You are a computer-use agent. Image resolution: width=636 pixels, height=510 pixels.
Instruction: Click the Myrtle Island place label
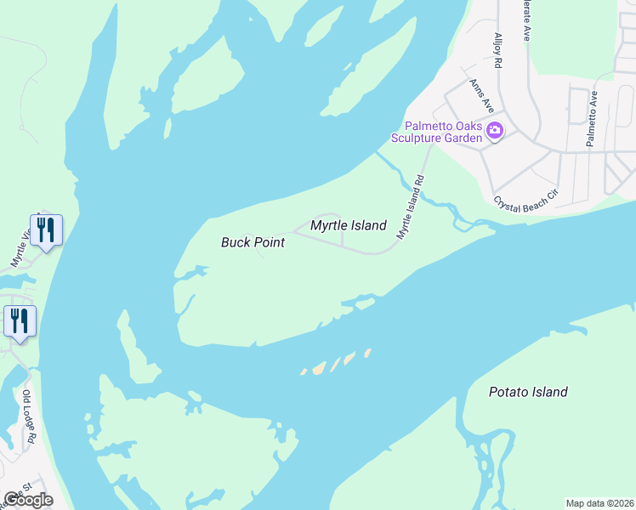[x=348, y=226]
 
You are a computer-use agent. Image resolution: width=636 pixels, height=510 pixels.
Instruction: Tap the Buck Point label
[x=253, y=242]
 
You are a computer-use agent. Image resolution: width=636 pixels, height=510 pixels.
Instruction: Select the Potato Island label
[x=528, y=392]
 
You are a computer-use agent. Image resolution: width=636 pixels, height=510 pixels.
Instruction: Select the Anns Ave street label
[x=481, y=96]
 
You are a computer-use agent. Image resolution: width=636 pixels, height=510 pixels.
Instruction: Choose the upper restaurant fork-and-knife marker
[x=46, y=229]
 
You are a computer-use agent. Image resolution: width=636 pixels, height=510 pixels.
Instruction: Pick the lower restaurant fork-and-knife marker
[x=19, y=321]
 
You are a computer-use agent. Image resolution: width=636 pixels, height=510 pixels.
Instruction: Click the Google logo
[x=28, y=499]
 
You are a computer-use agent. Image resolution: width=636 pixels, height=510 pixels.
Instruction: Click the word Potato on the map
[x=508, y=392]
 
